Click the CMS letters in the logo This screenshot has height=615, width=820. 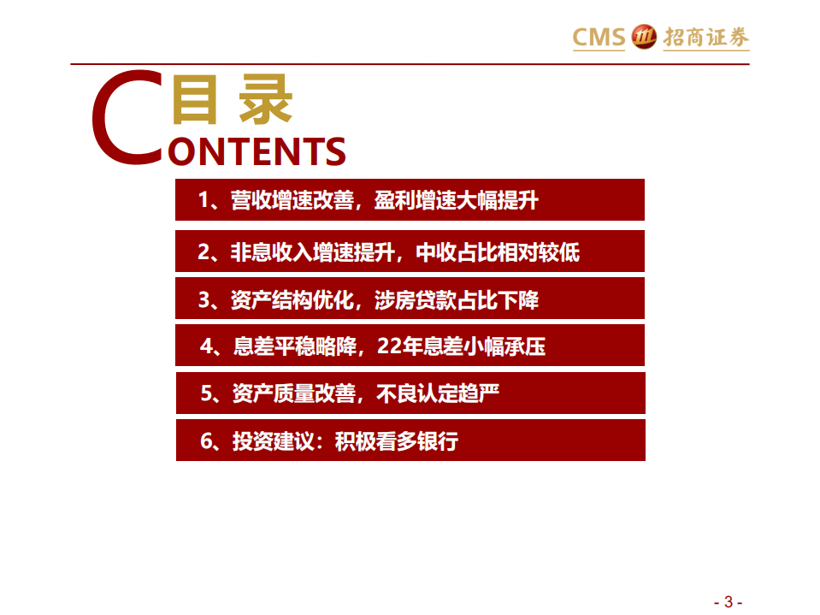click(x=599, y=37)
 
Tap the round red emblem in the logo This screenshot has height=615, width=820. click(x=641, y=37)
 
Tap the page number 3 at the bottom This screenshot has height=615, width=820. click(x=728, y=600)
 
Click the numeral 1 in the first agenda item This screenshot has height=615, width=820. click(x=204, y=201)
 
